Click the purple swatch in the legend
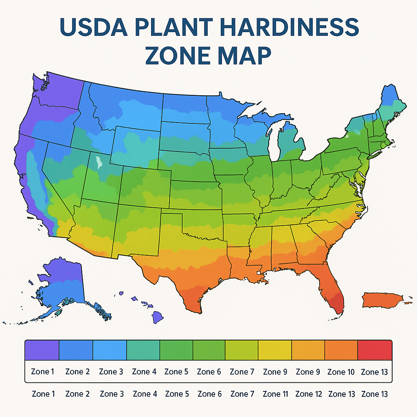tap(42, 350)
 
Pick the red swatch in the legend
tap(375, 350)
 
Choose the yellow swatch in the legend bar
tap(275, 350)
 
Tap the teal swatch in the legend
tap(143, 350)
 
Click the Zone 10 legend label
tap(341, 372)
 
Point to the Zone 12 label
tap(308, 394)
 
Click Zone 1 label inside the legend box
tap(43, 372)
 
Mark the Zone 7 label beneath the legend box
tap(242, 394)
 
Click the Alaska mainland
tap(61, 285)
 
